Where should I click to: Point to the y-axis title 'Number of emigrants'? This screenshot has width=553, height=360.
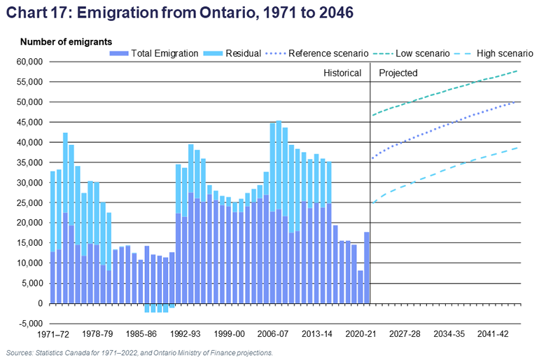[x=66, y=42]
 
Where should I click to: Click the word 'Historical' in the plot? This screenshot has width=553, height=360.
[x=342, y=73]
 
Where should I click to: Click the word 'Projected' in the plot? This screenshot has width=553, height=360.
[x=398, y=73]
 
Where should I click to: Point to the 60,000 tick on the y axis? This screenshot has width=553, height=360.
[x=29, y=62]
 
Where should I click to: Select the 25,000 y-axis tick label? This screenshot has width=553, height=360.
[x=29, y=203]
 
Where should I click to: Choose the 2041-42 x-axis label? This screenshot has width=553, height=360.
[x=494, y=335]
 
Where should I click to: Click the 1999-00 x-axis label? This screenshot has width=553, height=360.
[x=230, y=335]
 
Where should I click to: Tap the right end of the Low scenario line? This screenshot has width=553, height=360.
[x=517, y=71]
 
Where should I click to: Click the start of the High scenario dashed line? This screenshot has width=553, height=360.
[x=374, y=203]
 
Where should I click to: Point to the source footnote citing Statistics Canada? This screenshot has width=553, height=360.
[x=139, y=353]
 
